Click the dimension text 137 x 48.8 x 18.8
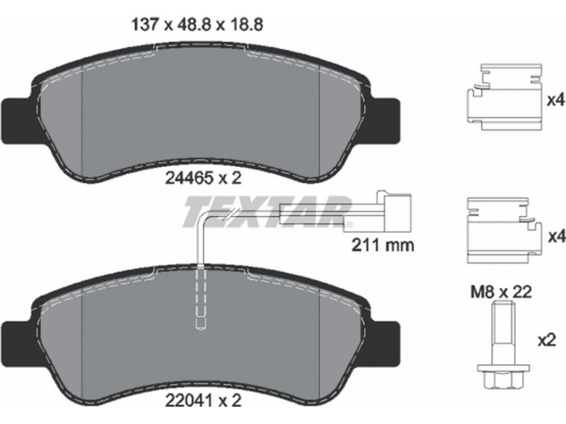197,25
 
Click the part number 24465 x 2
203,178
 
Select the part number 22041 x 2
203,401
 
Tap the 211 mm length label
383,245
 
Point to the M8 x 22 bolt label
501,292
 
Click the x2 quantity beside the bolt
546,340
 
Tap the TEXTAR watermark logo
268,211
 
